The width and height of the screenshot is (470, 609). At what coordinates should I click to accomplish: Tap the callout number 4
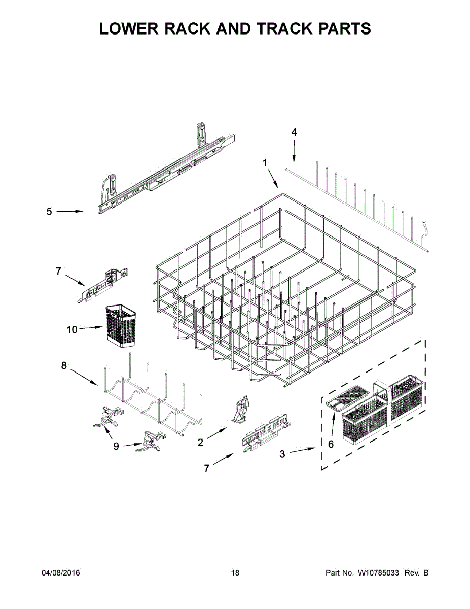pyautogui.click(x=294, y=132)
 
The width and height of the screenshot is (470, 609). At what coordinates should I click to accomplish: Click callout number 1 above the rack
pyautogui.click(x=265, y=163)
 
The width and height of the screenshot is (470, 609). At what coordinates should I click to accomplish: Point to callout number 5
pyautogui.click(x=49, y=211)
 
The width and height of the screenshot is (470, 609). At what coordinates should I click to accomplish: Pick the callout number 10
pyautogui.click(x=72, y=329)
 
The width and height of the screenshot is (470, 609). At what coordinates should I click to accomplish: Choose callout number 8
pyautogui.click(x=64, y=365)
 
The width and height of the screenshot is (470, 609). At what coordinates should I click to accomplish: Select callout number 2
pyautogui.click(x=200, y=443)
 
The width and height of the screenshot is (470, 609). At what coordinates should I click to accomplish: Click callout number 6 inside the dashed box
pyautogui.click(x=331, y=444)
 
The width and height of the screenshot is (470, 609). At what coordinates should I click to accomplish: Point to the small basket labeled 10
pyautogui.click(x=121, y=327)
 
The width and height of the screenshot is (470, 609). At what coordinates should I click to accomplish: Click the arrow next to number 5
pyautogui.click(x=69, y=211)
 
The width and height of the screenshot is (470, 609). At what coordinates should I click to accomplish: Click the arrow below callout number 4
pyautogui.click(x=294, y=151)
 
